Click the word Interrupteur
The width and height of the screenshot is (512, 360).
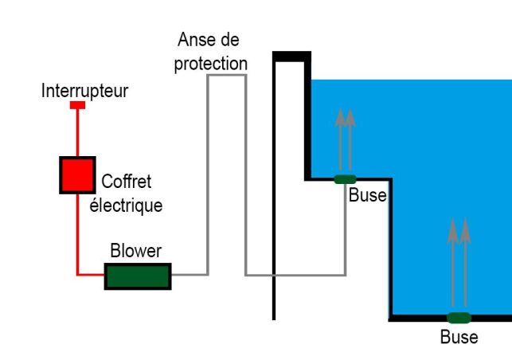(x=84, y=91)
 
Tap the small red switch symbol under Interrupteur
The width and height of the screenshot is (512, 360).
(x=77, y=105)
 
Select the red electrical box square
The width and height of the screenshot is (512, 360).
(x=77, y=174)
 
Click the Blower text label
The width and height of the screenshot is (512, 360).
(x=135, y=252)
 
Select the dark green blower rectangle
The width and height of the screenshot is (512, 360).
(x=138, y=276)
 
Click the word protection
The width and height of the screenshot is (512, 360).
(x=210, y=63)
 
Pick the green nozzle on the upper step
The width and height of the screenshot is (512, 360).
(x=345, y=178)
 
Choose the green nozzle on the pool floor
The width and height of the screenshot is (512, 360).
(x=459, y=318)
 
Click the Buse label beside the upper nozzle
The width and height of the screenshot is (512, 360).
(x=367, y=195)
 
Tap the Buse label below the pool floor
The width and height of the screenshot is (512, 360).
(x=459, y=337)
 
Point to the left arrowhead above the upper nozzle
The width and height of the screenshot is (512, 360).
(x=339, y=116)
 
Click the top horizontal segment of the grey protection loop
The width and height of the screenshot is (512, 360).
(x=226, y=76)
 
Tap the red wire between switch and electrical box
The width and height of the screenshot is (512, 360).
(x=77, y=131)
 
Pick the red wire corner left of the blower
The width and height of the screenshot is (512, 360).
(x=78, y=275)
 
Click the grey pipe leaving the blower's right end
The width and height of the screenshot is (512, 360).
(x=189, y=274)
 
